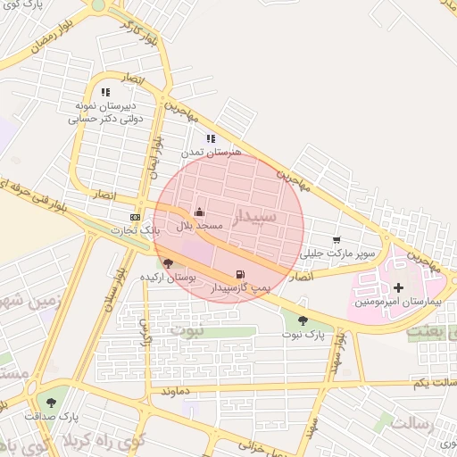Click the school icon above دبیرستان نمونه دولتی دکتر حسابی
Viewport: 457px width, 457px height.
(x=105, y=92)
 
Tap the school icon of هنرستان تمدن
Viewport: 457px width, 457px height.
(x=211, y=138)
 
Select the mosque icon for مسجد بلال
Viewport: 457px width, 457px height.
(x=198, y=212)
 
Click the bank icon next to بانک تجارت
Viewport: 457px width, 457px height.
(x=135, y=217)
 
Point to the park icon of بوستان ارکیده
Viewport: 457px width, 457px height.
(x=169, y=262)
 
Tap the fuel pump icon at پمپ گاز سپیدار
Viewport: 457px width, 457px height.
(x=239, y=275)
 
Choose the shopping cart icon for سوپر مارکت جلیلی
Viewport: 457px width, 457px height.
(x=336, y=239)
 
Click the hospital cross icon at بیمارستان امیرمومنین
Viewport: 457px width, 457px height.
(x=398, y=287)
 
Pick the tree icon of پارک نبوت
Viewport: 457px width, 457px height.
(x=303, y=320)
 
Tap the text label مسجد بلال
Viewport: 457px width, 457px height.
(x=198, y=227)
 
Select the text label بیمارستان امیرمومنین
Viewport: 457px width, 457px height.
(x=398, y=302)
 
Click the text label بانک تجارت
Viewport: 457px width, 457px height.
(x=134, y=230)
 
